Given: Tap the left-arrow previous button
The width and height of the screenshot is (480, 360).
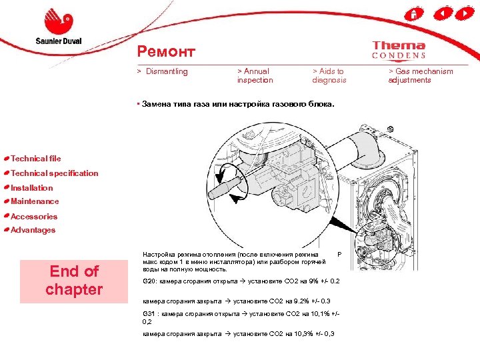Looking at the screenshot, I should click(x=440, y=13).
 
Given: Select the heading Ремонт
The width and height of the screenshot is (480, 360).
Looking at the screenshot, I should click(x=166, y=51).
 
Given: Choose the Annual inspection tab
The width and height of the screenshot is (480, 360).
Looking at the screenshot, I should click(x=255, y=75).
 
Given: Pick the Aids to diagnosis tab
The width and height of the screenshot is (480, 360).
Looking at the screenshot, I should click(x=329, y=75).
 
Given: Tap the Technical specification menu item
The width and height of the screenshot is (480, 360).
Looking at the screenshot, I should click(x=54, y=173).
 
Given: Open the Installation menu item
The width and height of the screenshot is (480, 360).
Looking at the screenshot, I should click(x=31, y=188).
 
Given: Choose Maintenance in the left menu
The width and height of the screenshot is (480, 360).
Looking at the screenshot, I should click(x=35, y=201).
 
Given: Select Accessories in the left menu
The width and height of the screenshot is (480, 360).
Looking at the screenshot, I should click(x=34, y=217).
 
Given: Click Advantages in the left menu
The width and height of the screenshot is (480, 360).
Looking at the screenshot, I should click(x=33, y=230).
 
